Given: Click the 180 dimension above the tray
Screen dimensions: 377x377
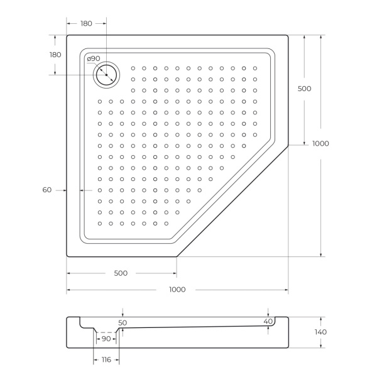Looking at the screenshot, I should (x=86, y=23).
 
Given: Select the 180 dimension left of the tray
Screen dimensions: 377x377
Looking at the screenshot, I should (x=55, y=55).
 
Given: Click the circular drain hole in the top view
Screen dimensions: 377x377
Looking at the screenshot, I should (x=107, y=75).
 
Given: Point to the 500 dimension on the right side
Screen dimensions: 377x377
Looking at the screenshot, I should (x=304, y=89).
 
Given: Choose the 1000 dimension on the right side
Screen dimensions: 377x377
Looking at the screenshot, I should (x=320, y=143).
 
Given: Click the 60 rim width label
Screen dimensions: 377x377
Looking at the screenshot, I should (x=46, y=189).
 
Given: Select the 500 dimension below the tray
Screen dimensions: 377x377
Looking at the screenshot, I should (x=121, y=273).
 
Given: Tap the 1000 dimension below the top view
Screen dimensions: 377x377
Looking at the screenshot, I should (x=177, y=289).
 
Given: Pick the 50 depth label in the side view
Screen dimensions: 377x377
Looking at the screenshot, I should (x=123, y=322).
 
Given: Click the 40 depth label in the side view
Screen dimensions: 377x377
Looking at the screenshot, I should (x=268, y=322).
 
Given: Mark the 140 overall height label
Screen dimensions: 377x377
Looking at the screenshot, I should (x=320, y=332).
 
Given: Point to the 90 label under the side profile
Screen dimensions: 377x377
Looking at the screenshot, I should (x=106, y=339).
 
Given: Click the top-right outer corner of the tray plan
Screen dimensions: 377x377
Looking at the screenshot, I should (x=288, y=35).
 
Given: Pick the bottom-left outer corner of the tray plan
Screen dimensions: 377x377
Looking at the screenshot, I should (x=67, y=256).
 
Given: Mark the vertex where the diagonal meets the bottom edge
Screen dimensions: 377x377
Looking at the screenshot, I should (x=177, y=256).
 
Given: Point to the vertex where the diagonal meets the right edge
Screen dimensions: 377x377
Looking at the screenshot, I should (x=288, y=146).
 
